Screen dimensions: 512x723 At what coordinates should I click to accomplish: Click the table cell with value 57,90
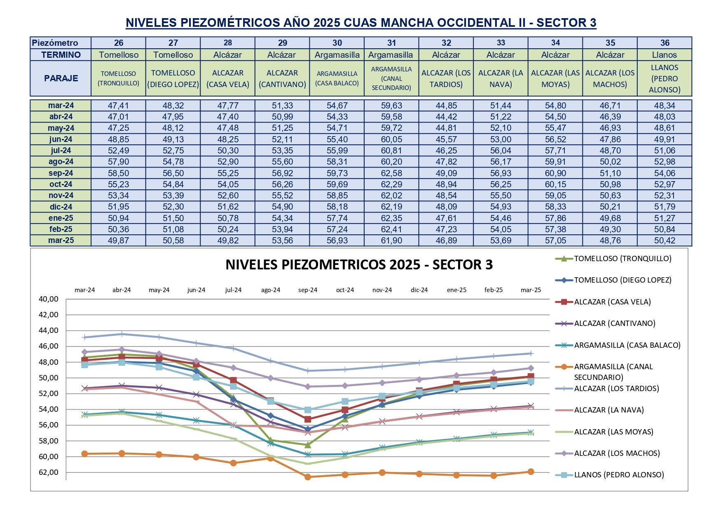click(x=118, y=162)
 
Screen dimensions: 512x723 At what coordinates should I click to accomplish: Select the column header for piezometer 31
click(x=391, y=43)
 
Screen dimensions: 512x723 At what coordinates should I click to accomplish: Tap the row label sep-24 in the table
click(x=61, y=173)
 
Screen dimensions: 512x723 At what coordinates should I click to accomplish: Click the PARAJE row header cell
click(x=61, y=78)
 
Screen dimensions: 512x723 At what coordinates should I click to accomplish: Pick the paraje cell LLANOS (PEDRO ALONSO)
click(x=664, y=78)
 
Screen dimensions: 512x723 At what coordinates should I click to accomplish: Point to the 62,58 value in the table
click(x=391, y=173)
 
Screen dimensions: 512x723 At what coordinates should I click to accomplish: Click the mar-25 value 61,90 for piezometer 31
click(x=391, y=241)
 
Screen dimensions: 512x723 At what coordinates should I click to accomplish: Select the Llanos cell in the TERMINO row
click(x=664, y=55)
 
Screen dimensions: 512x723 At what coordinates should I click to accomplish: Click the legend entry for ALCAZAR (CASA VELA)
click(x=612, y=302)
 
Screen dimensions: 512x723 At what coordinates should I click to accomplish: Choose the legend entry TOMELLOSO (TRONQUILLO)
click(x=622, y=259)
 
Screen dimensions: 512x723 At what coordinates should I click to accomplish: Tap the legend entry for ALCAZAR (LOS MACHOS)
click(x=617, y=453)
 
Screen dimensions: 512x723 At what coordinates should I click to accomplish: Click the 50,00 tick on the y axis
click(x=49, y=378)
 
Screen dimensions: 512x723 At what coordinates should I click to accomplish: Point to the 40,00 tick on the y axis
click(x=49, y=299)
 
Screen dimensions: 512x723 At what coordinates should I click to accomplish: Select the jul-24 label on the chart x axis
click(x=233, y=290)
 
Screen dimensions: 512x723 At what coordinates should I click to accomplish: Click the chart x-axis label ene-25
click(x=456, y=290)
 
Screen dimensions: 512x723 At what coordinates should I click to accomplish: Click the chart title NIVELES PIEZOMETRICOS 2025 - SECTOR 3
click(x=359, y=265)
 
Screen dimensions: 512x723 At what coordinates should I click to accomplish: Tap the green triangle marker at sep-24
click(x=308, y=445)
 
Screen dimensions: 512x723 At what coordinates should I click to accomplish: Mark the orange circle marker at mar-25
click(x=531, y=472)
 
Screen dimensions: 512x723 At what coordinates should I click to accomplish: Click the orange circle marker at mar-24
click(x=85, y=454)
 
